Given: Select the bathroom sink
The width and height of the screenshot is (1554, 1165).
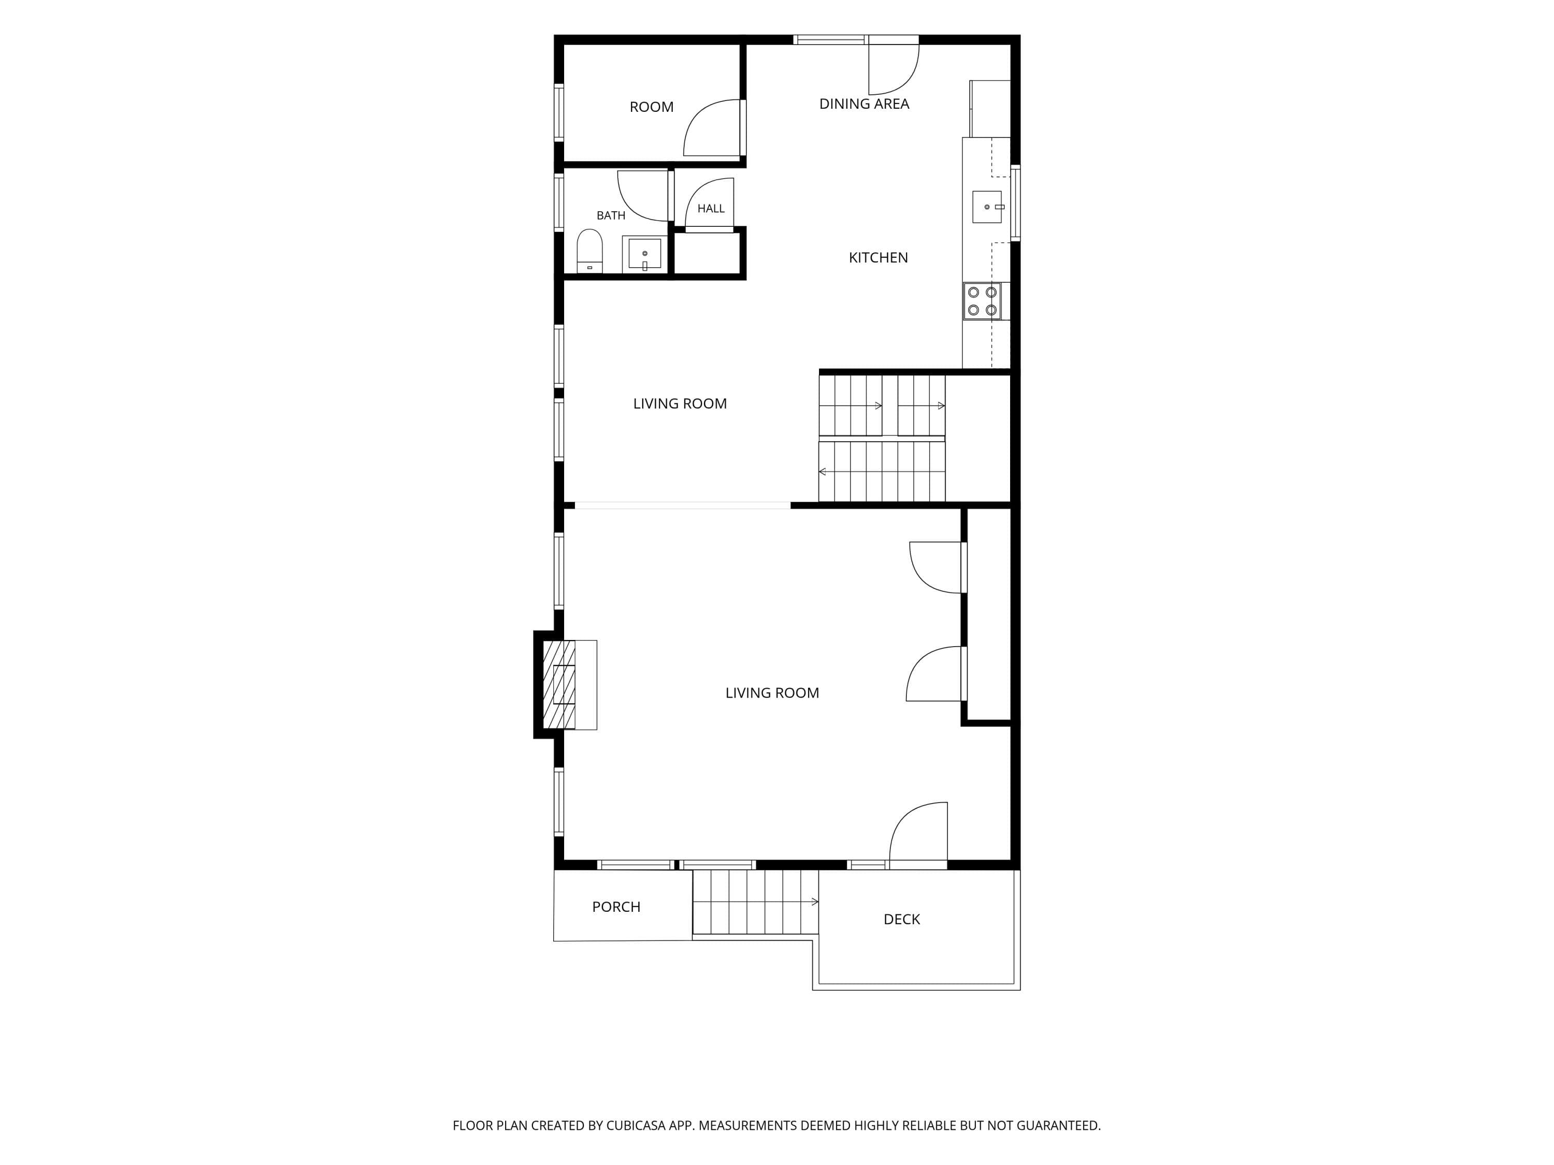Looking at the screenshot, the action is point(644,254).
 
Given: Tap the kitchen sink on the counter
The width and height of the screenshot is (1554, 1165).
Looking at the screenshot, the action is point(987,207).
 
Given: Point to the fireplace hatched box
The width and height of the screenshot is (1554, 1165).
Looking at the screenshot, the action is point(559,685).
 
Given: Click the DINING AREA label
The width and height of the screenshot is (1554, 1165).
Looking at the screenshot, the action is point(864,104).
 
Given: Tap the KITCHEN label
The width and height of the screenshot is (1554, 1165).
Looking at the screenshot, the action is point(878,258).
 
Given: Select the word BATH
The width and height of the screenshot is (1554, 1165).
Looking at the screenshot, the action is point(611,215).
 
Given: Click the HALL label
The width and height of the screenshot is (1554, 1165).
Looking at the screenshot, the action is point(711,209).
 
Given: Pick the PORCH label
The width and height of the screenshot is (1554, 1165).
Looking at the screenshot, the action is point(616,907).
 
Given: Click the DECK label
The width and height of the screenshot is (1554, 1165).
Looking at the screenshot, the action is point(901,919).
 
